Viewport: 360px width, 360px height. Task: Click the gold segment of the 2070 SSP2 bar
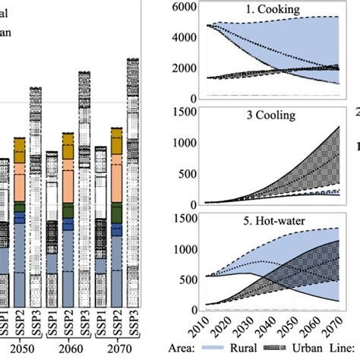pyautogui.click(x=117, y=142)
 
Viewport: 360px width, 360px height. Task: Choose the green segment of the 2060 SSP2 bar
pyautogui.click(x=68, y=210)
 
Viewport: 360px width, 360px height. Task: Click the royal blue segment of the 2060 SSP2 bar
pyautogui.click(x=68, y=225)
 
